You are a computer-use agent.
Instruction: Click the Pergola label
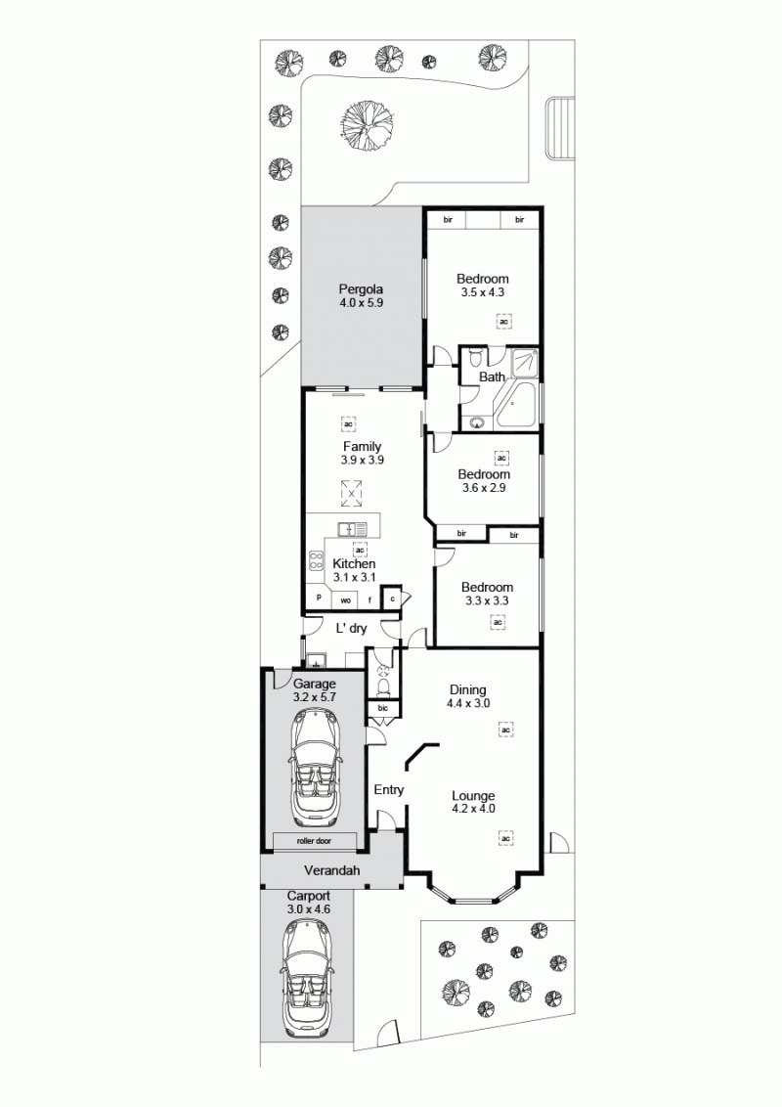point(361,288)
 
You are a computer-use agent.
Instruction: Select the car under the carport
point(308,979)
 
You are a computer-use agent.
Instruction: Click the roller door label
point(314,841)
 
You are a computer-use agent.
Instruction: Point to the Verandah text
point(331,870)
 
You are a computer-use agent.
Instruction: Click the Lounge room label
point(473,796)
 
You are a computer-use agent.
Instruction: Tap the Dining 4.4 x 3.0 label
point(468,696)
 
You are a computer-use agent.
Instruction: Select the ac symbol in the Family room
point(348,423)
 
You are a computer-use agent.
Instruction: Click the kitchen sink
point(352,529)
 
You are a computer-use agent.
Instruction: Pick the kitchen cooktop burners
point(316,559)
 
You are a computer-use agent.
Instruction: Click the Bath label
point(492,377)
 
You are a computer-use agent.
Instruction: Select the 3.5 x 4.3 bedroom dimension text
point(482,292)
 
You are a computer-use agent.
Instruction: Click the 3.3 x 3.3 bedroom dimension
point(487,600)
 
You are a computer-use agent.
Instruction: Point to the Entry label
point(388,789)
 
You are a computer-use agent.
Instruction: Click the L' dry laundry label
point(351,629)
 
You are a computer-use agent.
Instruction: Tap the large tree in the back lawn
point(366,126)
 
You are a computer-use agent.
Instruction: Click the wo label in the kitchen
point(346,600)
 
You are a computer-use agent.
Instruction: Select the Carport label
point(309,896)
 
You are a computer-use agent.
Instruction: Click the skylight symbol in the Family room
point(351,494)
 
